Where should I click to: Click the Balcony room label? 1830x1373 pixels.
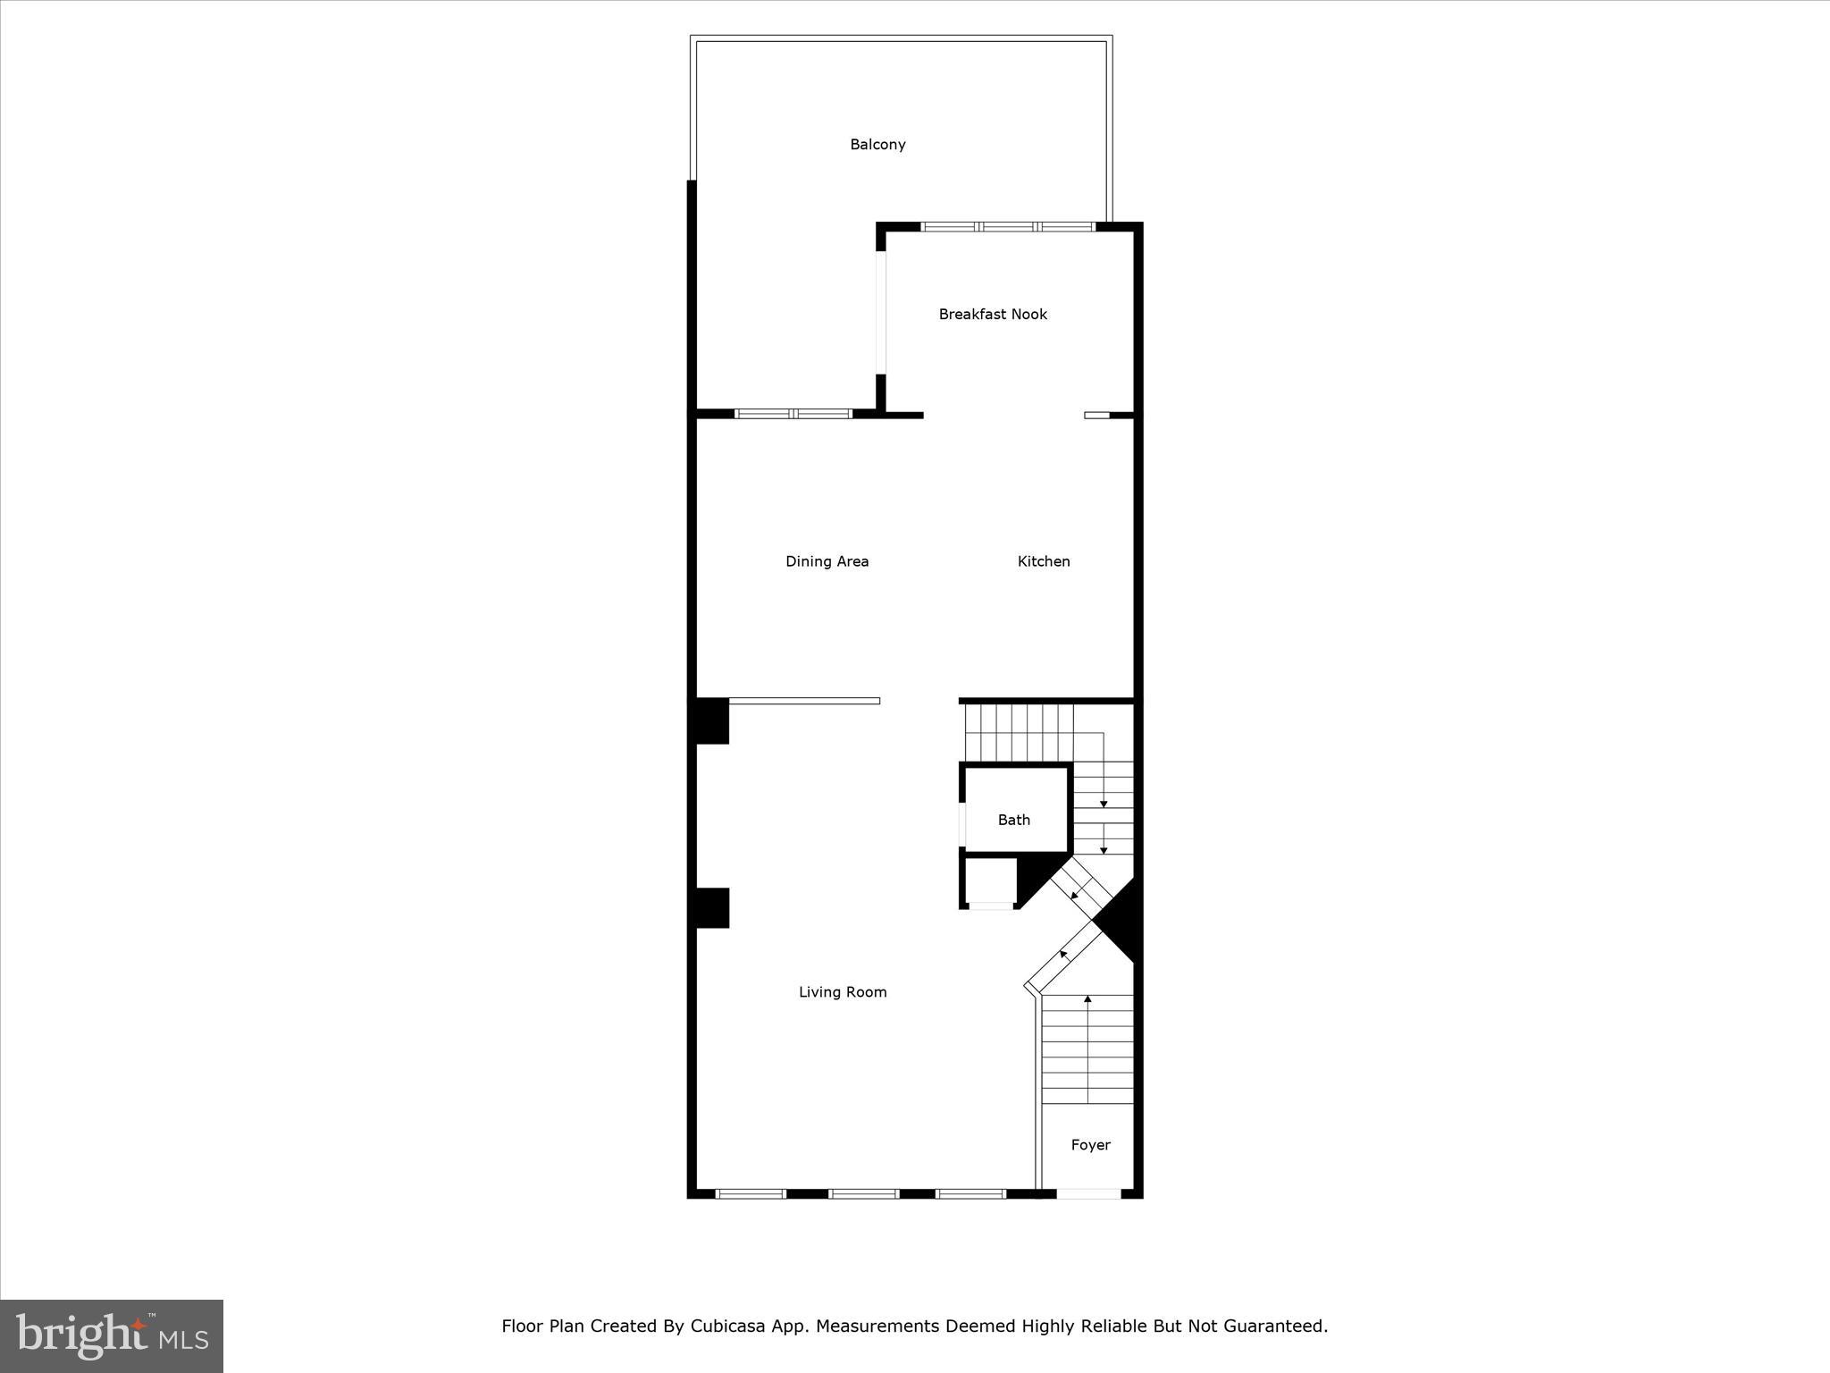877,145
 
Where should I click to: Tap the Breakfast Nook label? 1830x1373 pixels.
993,315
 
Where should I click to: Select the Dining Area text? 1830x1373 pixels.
827,561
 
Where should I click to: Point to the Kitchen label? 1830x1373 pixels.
1044,561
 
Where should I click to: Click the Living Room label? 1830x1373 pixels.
843,991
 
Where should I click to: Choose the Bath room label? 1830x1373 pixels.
1014,820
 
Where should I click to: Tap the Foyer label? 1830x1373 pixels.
1090,1145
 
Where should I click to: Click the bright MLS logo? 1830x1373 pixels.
112,1336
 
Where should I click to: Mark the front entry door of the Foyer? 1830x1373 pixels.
1088,1193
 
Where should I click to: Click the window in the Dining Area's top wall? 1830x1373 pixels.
793,414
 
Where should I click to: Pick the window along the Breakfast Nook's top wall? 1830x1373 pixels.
1008,227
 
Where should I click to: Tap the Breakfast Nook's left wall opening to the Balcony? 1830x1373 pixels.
881,313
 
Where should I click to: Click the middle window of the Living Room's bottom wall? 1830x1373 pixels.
863,1193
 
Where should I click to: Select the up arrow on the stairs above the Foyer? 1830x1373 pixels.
1087,999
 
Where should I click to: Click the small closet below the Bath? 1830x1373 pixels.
990,881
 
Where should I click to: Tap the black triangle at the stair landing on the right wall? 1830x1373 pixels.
1119,921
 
